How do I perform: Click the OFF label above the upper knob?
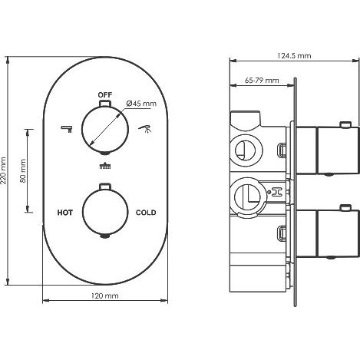coord(105,95)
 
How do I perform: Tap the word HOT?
coord(65,213)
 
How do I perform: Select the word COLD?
coord(146,213)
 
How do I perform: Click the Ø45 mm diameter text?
coord(141,104)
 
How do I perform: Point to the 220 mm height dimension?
coord(3,170)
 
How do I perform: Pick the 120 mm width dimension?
coord(105,296)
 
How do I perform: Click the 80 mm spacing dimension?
coord(23,170)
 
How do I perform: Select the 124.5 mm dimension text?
coord(294,55)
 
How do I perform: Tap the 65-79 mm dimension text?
coord(262,81)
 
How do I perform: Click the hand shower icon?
coord(145,128)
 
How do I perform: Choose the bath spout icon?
coord(67,129)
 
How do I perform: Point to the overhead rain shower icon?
coord(105,166)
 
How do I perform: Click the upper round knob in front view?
coord(105,129)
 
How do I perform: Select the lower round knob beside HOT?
coord(105,212)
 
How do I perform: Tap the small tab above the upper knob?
coord(105,104)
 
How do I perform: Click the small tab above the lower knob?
coord(105,187)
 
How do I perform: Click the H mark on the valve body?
coord(277,192)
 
